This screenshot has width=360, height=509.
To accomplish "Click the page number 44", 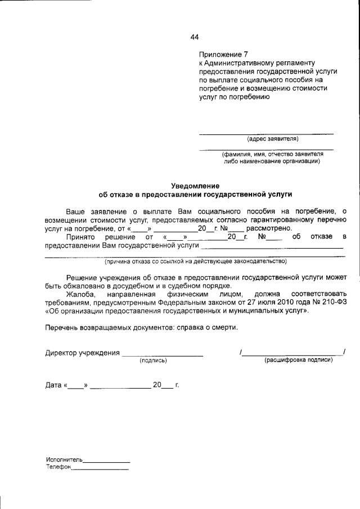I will (195, 37).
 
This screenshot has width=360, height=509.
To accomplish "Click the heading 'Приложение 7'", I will (219, 55).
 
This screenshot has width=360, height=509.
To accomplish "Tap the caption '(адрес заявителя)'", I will (273, 138).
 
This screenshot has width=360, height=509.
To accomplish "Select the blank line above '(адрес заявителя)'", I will (267, 133).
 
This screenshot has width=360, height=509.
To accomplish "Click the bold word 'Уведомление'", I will (195, 186).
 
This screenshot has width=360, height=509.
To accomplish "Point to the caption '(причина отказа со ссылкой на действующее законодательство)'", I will (195, 261).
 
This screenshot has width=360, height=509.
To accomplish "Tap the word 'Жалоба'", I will (80, 294).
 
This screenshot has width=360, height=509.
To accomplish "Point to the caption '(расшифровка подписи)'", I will (298, 360).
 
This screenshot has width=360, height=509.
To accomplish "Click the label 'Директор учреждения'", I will (82, 353).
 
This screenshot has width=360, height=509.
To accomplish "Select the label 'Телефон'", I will (58, 467).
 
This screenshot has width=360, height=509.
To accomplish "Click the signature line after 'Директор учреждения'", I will (163, 355).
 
